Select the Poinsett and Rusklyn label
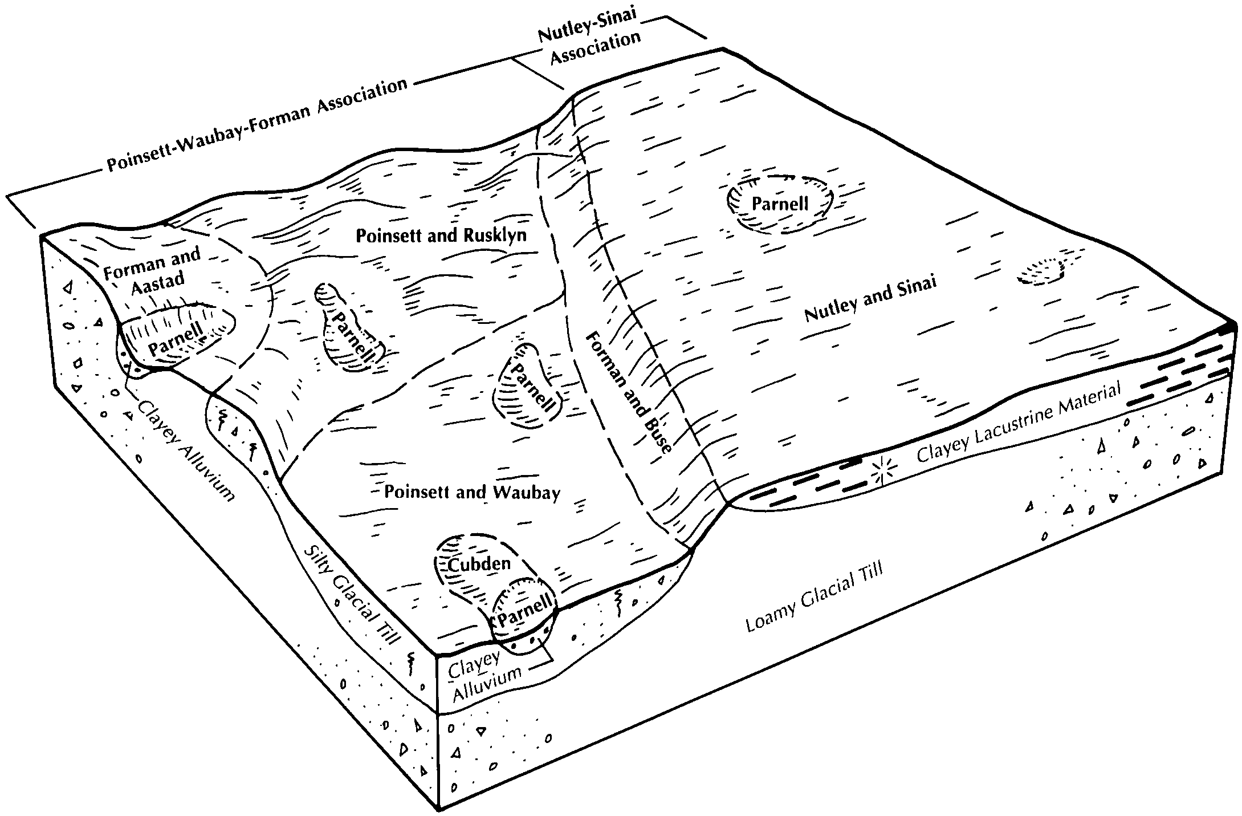tap(441, 236)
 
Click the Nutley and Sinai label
tap(870, 299)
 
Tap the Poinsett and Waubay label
tap(472, 492)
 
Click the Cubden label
tap(479, 564)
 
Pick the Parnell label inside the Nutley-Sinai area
tap(780, 204)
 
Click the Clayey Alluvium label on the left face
tap(186, 450)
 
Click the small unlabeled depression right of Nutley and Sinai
tap(1041, 272)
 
